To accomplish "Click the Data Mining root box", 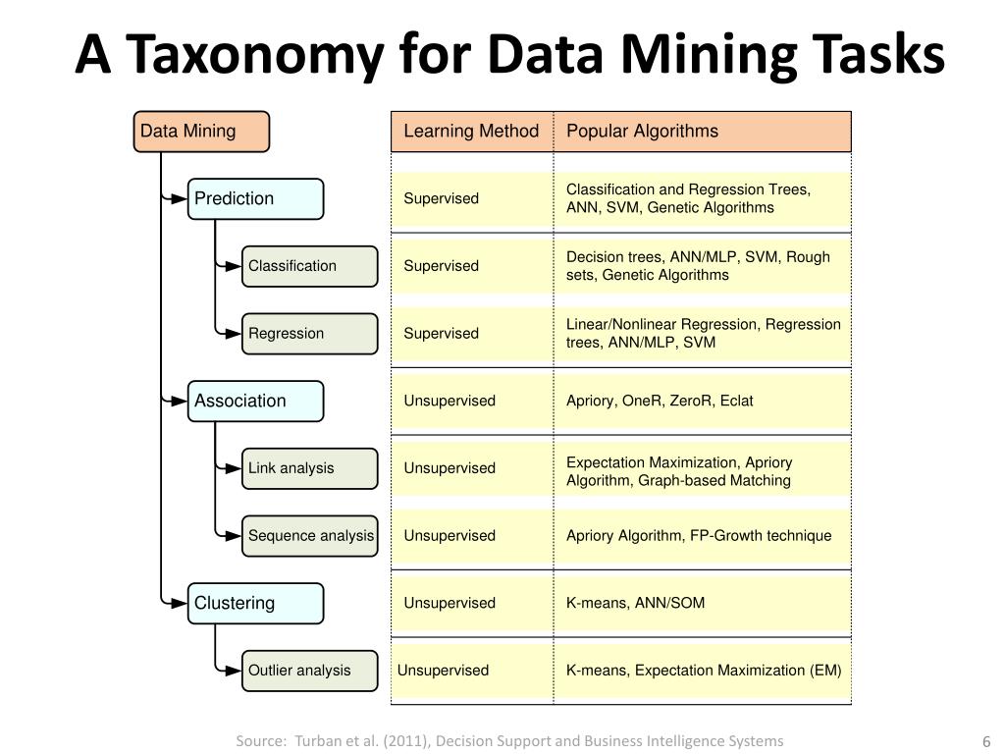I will pyautogui.click(x=201, y=132).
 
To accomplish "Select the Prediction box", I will pyautogui.click(x=255, y=198).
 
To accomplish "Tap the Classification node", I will pyautogui.click(x=309, y=266).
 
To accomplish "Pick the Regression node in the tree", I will pyautogui.click(x=309, y=334).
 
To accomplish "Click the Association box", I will pyautogui.click(x=255, y=401).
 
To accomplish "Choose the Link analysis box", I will pyautogui.click(x=309, y=468).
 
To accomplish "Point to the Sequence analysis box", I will pyautogui.click(x=309, y=536).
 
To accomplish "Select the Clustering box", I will pyautogui.click(x=255, y=603).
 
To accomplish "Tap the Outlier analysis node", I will pyautogui.click(x=309, y=671).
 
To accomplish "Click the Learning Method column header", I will pyautogui.click(x=471, y=132).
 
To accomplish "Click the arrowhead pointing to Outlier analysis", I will pyautogui.click(x=233, y=671).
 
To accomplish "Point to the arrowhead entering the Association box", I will pyautogui.click(x=179, y=401).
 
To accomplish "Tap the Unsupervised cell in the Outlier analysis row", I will pyautogui.click(x=443, y=671).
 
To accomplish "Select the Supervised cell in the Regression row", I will pyautogui.click(x=442, y=334).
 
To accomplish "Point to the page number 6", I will pyautogui.click(x=985, y=741).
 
